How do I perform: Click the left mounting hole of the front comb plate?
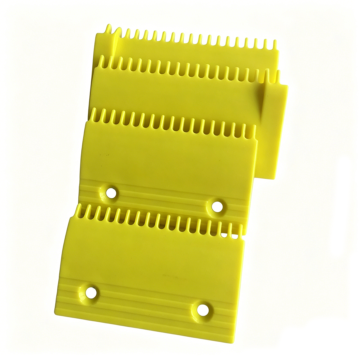(x=91, y=292)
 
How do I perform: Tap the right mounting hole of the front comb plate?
(x=203, y=310)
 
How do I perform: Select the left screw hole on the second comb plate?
(x=111, y=192)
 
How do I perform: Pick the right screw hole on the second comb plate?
(x=217, y=207)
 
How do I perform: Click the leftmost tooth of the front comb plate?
(x=79, y=210)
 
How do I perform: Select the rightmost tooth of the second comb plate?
(x=254, y=131)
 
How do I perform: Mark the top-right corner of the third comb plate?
(x=287, y=86)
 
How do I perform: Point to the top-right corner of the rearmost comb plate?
(x=278, y=51)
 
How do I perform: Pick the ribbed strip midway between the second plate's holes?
(x=164, y=199)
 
